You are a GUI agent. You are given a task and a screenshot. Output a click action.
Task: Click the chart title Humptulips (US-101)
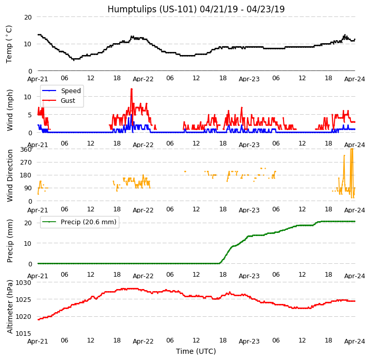click(x=196, y=9)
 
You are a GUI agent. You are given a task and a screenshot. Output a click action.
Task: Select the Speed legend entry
click(x=70, y=91)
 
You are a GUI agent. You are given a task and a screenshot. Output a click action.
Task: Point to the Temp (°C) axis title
click(x=9, y=44)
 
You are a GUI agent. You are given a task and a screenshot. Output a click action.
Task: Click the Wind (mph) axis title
click(x=10, y=110)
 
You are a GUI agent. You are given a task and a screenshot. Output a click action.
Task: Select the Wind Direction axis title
click(x=10, y=175)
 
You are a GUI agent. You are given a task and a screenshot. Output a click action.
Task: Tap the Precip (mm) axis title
click(x=10, y=241)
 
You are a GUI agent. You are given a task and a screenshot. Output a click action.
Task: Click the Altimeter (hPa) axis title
click(x=10, y=307)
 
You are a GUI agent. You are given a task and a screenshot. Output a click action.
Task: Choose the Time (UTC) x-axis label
click(x=196, y=351)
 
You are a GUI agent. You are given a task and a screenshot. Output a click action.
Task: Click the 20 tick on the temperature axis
click(x=27, y=17)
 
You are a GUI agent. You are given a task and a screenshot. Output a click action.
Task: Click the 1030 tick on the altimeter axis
click(x=23, y=282)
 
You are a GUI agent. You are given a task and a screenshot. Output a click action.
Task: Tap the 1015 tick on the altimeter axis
click(x=23, y=333)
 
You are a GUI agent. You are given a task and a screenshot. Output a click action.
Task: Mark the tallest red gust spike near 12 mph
click(x=131, y=89)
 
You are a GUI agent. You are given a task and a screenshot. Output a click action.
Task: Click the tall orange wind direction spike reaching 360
click(x=351, y=150)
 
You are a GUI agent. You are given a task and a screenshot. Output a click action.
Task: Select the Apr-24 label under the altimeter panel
click(x=355, y=341)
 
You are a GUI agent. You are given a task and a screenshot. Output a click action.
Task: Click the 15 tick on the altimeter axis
click(x=23, y=333)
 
